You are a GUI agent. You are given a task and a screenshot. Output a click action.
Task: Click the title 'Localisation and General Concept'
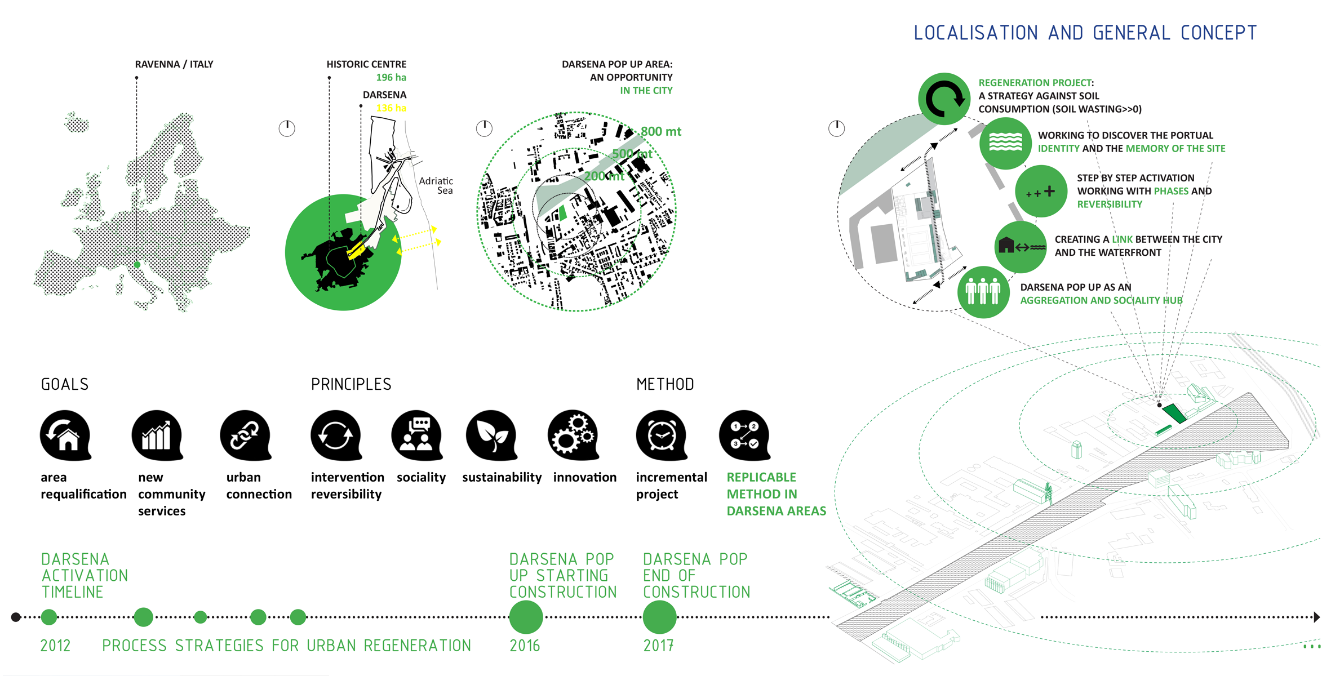(x=1085, y=33)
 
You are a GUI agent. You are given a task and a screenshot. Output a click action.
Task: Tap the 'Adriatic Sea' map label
(x=437, y=185)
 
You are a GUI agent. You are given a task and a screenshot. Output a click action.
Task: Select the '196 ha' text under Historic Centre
(x=391, y=77)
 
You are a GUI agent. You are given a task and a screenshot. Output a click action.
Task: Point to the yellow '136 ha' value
(x=391, y=108)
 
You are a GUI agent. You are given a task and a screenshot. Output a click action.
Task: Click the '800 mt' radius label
(x=660, y=131)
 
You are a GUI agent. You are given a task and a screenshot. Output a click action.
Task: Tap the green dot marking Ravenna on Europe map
(x=137, y=264)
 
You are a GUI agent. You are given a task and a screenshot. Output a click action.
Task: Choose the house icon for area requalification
(x=65, y=435)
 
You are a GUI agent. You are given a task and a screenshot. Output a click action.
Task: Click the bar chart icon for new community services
(x=157, y=435)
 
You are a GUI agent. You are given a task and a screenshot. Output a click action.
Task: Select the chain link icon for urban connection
(x=245, y=435)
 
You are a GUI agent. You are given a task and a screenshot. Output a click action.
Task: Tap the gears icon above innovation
(x=573, y=435)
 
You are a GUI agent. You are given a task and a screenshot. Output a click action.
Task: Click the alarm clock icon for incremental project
(x=662, y=435)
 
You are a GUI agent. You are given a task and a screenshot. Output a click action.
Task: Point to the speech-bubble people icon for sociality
(x=417, y=435)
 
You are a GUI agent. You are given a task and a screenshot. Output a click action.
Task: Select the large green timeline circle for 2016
(x=526, y=617)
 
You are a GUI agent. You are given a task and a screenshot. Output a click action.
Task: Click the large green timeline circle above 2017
(x=659, y=617)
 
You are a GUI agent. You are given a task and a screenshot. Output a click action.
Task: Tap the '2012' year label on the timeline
(x=55, y=646)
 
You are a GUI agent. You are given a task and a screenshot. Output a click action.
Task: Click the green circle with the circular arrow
(x=944, y=99)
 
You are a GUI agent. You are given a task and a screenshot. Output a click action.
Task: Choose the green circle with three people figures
(x=983, y=292)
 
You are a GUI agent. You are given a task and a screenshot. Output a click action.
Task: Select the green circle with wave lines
(x=1005, y=143)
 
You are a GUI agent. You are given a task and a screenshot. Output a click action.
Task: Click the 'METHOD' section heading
(x=665, y=384)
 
